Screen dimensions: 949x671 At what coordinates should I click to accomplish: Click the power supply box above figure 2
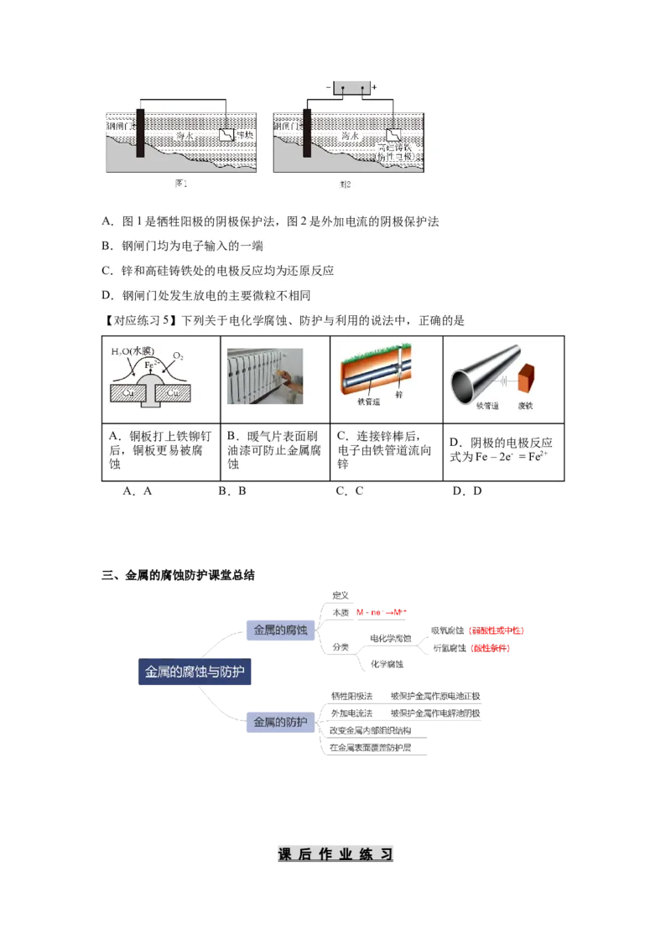[x=351, y=88]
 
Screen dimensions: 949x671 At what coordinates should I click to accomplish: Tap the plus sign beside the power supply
[x=374, y=87]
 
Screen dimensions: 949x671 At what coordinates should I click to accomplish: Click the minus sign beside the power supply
[x=329, y=87]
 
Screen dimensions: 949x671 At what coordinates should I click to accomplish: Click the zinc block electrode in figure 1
[x=226, y=135]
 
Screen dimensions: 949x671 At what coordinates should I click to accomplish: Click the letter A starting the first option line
[x=107, y=222]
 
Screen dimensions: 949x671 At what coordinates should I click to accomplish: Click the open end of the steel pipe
[x=464, y=388]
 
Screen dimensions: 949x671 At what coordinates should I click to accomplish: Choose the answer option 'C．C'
[x=350, y=491]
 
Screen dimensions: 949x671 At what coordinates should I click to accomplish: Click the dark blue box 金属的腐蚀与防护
[x=195, y=672]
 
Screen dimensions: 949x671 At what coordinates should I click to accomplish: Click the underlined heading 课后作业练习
[x=335, y=854]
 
